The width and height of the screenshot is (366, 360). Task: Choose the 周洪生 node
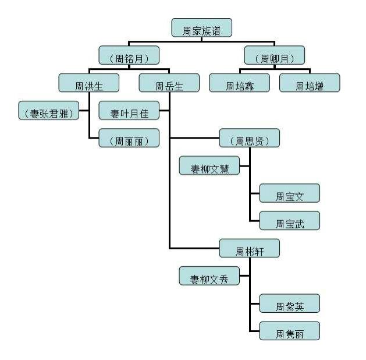tap(89, 84)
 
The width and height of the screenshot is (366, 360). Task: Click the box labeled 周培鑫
tap(239, 84)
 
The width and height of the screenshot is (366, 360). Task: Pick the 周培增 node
tap(309, 84)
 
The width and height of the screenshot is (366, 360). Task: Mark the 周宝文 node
tap(289, 194)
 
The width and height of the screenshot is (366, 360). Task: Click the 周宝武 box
tap(289, 221)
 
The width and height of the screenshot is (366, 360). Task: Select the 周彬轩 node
tap(250, 249)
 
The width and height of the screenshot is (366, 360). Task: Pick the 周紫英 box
tap(289, 303)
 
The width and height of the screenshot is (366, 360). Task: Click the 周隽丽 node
tap(289, 331)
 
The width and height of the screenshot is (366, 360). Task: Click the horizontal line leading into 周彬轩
tap(195, 249)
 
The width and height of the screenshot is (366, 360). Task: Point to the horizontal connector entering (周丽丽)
tap(94, 139)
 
